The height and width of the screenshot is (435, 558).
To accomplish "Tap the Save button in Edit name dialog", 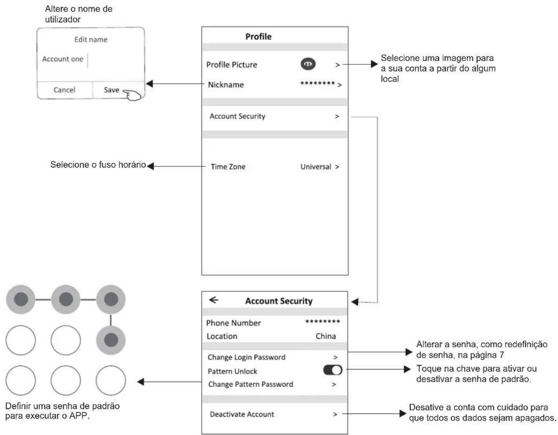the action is coord(111,90).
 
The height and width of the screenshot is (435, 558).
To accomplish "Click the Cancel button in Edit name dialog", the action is coord(64,90).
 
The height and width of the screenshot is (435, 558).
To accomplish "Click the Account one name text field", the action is coord(62,59).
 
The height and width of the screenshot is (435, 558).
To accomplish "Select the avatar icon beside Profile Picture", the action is coord(308,64).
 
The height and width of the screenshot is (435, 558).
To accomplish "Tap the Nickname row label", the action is coord(226,85).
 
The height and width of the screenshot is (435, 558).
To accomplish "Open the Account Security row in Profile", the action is coord(237,116).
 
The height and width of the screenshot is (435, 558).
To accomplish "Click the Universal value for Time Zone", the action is coord(316,167).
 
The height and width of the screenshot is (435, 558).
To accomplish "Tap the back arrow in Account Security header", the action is coord(214,300).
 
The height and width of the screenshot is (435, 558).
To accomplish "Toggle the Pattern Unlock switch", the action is coord(332,370).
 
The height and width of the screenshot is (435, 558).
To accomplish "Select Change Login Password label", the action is coord(246,357).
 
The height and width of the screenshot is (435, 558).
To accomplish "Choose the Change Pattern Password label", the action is coord(250,384).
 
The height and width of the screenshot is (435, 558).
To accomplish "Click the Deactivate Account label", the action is coord(242,414).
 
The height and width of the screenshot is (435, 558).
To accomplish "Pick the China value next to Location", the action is coord(326,336).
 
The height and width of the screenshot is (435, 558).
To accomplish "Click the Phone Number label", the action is coord(233,323).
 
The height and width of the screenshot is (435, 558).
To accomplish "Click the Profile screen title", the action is coord(258,36).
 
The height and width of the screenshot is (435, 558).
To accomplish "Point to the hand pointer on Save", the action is coord(132,95).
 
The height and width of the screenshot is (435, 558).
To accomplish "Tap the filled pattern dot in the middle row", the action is coord(111,340).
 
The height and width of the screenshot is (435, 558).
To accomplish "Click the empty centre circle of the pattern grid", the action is coord(66,340).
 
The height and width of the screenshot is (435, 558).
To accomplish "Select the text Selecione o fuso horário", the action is coord(98,164).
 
